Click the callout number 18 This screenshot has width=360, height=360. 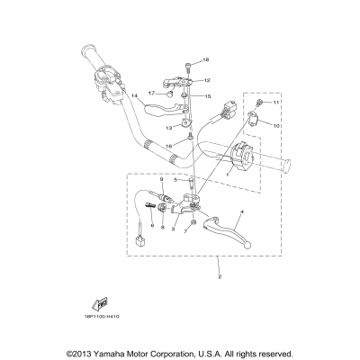[205, 60]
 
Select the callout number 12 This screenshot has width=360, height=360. [206, 80]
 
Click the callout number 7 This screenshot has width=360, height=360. [186, 230]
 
